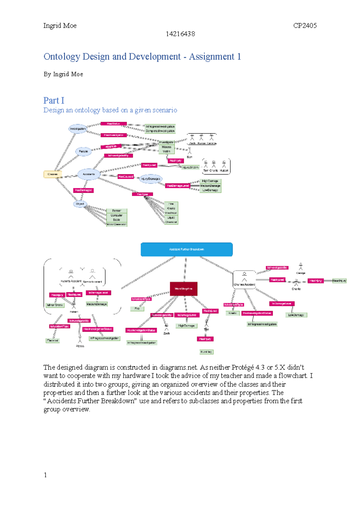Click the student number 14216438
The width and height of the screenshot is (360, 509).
click(x=180, y=34)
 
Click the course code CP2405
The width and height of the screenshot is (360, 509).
click(x=305, y=25)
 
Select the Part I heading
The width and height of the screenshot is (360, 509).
click(x=54, y=100)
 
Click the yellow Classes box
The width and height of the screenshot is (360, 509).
click(x=53, y=174)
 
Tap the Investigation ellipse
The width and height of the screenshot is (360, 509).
click(x=77, y=129)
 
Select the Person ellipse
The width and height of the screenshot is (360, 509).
click(x=83, y=151)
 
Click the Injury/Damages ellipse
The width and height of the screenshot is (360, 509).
click(x=151, y=179)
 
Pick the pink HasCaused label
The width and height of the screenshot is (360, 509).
click(x=125, y=177)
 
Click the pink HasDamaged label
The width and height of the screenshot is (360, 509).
click(x=83, y=190)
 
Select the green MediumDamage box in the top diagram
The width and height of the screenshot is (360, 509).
click(x=210, y=186)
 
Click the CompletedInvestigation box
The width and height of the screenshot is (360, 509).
click(x=160, y=131)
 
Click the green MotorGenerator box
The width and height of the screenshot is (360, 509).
click(x=117, y=224)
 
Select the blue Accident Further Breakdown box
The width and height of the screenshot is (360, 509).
click(x=187, y=249)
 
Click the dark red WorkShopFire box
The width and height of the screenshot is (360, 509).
click(x=184, y=289)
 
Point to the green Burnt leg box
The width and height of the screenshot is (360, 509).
click(x=206, y=352)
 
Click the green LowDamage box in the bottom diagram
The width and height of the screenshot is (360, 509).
click(x=296, y=315)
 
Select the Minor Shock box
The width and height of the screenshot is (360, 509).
click(x=55, y=305)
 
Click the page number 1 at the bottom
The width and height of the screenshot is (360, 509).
click(x=45, y=475)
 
